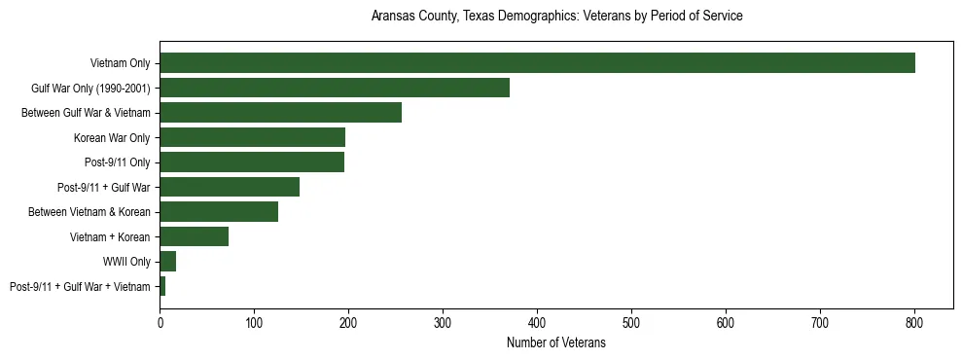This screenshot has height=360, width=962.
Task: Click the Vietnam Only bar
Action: (537, 63)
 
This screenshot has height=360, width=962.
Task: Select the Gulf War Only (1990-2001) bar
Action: (335, 88)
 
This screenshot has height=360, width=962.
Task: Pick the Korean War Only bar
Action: (252, 137)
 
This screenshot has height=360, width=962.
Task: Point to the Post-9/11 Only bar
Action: (252, 162)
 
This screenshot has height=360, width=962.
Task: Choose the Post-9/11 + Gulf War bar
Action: (230, 187)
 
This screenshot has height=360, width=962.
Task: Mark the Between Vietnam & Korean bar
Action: (219, 211)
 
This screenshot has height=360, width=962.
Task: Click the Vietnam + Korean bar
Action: (194, 236)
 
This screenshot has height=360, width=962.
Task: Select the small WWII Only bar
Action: (167, 261)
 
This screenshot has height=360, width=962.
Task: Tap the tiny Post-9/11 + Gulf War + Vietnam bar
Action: (162, 286)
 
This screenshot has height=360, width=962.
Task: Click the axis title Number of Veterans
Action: (555, 342)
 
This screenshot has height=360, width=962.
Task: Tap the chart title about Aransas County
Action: (556, 17)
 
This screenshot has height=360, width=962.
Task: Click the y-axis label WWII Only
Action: (125, 262)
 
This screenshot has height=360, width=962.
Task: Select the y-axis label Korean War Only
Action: (112, 137)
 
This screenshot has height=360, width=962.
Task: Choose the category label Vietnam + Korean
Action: (110, 236)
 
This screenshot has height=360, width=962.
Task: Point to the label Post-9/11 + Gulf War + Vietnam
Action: (80, 286)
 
